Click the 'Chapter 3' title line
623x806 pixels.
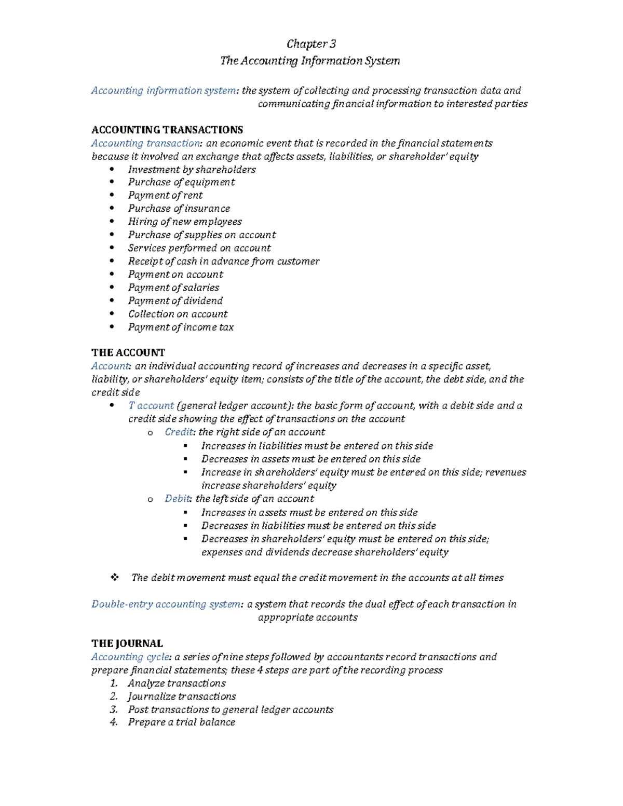[311, 44]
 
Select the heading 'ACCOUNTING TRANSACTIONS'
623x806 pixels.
[167, 130]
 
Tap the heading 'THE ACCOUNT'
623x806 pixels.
[128, 353]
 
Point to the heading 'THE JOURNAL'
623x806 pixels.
[127, 644]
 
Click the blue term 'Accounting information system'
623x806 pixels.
[164, 91]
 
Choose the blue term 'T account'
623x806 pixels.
[151, 406]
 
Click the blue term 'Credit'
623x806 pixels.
[179, 432]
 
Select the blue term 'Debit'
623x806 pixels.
[178, 499]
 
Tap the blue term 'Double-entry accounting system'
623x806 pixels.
[166, 604]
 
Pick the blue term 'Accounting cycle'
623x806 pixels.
[130, 657]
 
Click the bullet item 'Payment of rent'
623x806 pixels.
[165, 196]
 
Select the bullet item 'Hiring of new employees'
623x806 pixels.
[185, 222]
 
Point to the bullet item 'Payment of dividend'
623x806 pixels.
[175, 301]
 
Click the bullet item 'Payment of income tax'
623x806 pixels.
[181, 327]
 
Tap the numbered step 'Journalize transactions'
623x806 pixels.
[182, 696]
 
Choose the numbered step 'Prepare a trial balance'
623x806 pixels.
[182, 722]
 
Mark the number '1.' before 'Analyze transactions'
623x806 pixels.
[114, 684]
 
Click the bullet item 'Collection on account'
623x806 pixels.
[178, 314]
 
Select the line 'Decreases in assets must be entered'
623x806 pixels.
[310, 459]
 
